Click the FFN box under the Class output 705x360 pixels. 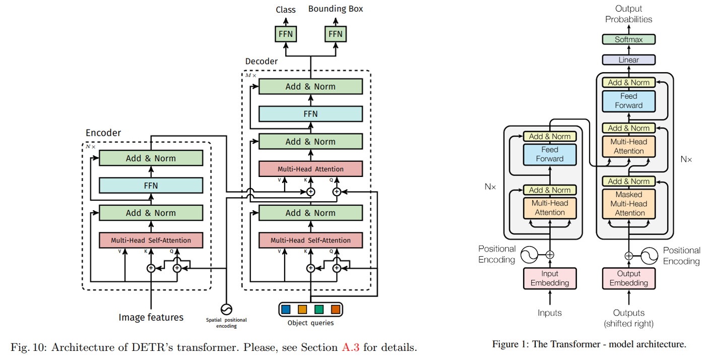[x=285, y=34]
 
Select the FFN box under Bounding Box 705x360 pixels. [x=335, y=34]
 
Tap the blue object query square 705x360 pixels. [x=286, y=309]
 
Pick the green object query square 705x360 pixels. [x=318, y=309]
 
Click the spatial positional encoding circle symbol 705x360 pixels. [x=226, y=309]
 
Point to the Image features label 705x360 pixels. [x=151, y=317]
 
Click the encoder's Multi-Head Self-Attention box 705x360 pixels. [x=151, y=241]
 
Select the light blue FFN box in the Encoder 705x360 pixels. [x=151, y=186]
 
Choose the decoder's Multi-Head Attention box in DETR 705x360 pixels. [x=310, y=169]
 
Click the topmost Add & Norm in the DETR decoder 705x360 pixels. [x=310, y=87]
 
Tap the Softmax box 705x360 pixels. [x=628, y=39]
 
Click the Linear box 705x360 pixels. [x=628, y=59]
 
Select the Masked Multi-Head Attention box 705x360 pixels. [x=628, y=204]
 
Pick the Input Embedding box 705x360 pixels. [x=549, y=278]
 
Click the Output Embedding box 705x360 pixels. [x=628, y=278]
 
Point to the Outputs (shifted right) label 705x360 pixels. [x=628, y=318]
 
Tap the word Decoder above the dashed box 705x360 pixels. [x=261, y=62]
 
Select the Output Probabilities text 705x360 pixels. [x=628, y=14]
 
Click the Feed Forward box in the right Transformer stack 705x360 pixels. [x=628, y=101]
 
